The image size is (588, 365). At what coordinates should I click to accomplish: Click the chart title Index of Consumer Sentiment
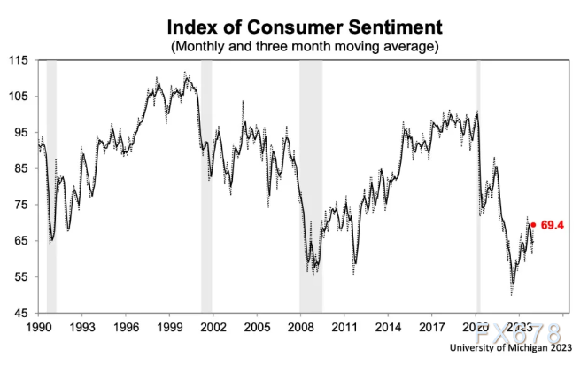coord(304,24)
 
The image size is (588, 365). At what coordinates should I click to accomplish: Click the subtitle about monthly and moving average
coord(304,43)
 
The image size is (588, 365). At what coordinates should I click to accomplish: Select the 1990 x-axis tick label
coord(38,326)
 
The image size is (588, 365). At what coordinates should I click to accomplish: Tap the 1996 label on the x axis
coord(126,326)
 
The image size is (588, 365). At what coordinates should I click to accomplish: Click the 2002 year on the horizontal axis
coord(213,326)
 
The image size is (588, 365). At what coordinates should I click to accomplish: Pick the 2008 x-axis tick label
coord(301,326)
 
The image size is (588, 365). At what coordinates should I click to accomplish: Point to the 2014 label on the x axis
coord(389,326)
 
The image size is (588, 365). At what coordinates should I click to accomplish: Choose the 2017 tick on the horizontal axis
coord(432,326)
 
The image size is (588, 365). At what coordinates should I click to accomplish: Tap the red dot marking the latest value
coord(533,225)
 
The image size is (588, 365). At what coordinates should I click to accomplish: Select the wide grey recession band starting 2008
coord(311,186)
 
